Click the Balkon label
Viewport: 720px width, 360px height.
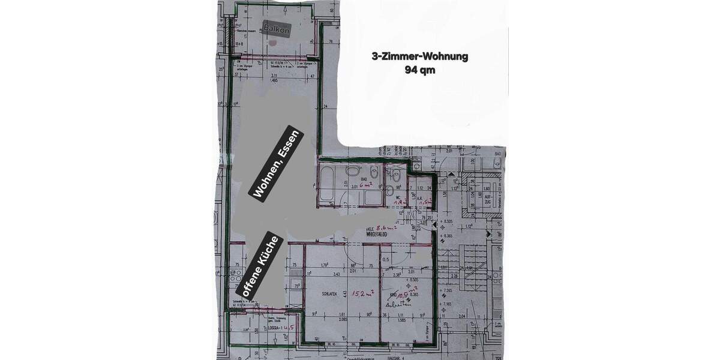tap(278, 28)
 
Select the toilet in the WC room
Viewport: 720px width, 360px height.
tap(396, 176)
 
